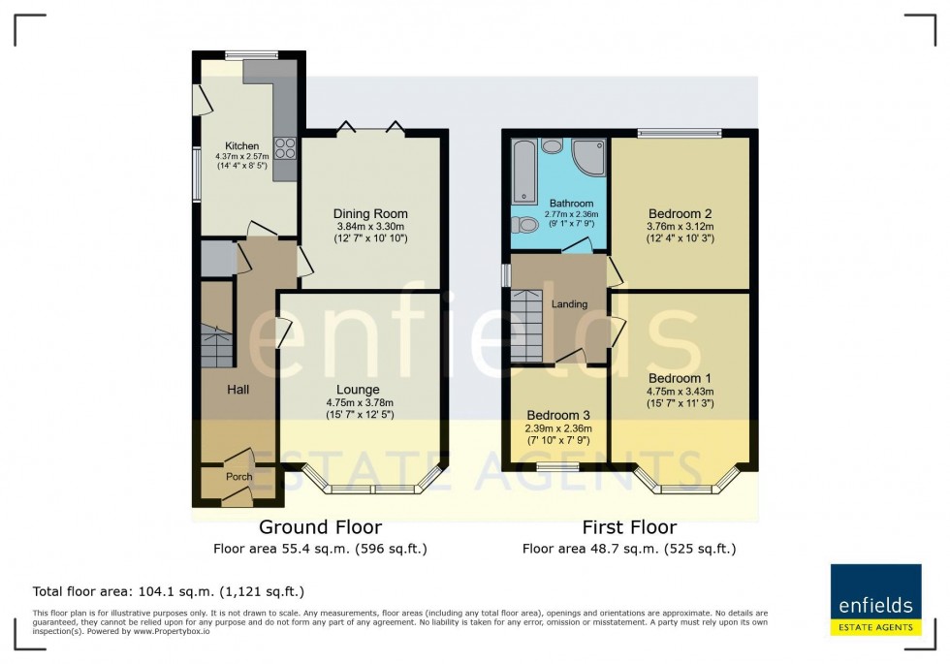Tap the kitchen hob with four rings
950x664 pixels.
(287, 147)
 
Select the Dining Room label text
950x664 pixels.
(370, 213)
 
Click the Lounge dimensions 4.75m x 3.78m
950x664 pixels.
(359, 403)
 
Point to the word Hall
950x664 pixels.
(238, 389)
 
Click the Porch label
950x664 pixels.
(238, 477)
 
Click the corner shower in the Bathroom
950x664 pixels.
(586, 158)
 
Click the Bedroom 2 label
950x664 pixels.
(681, 213)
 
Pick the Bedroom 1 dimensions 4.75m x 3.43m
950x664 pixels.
(681, 392)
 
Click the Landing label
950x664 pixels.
(570, 304)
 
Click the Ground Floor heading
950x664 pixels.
(320, 528)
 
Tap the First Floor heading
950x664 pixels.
(628, 528)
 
